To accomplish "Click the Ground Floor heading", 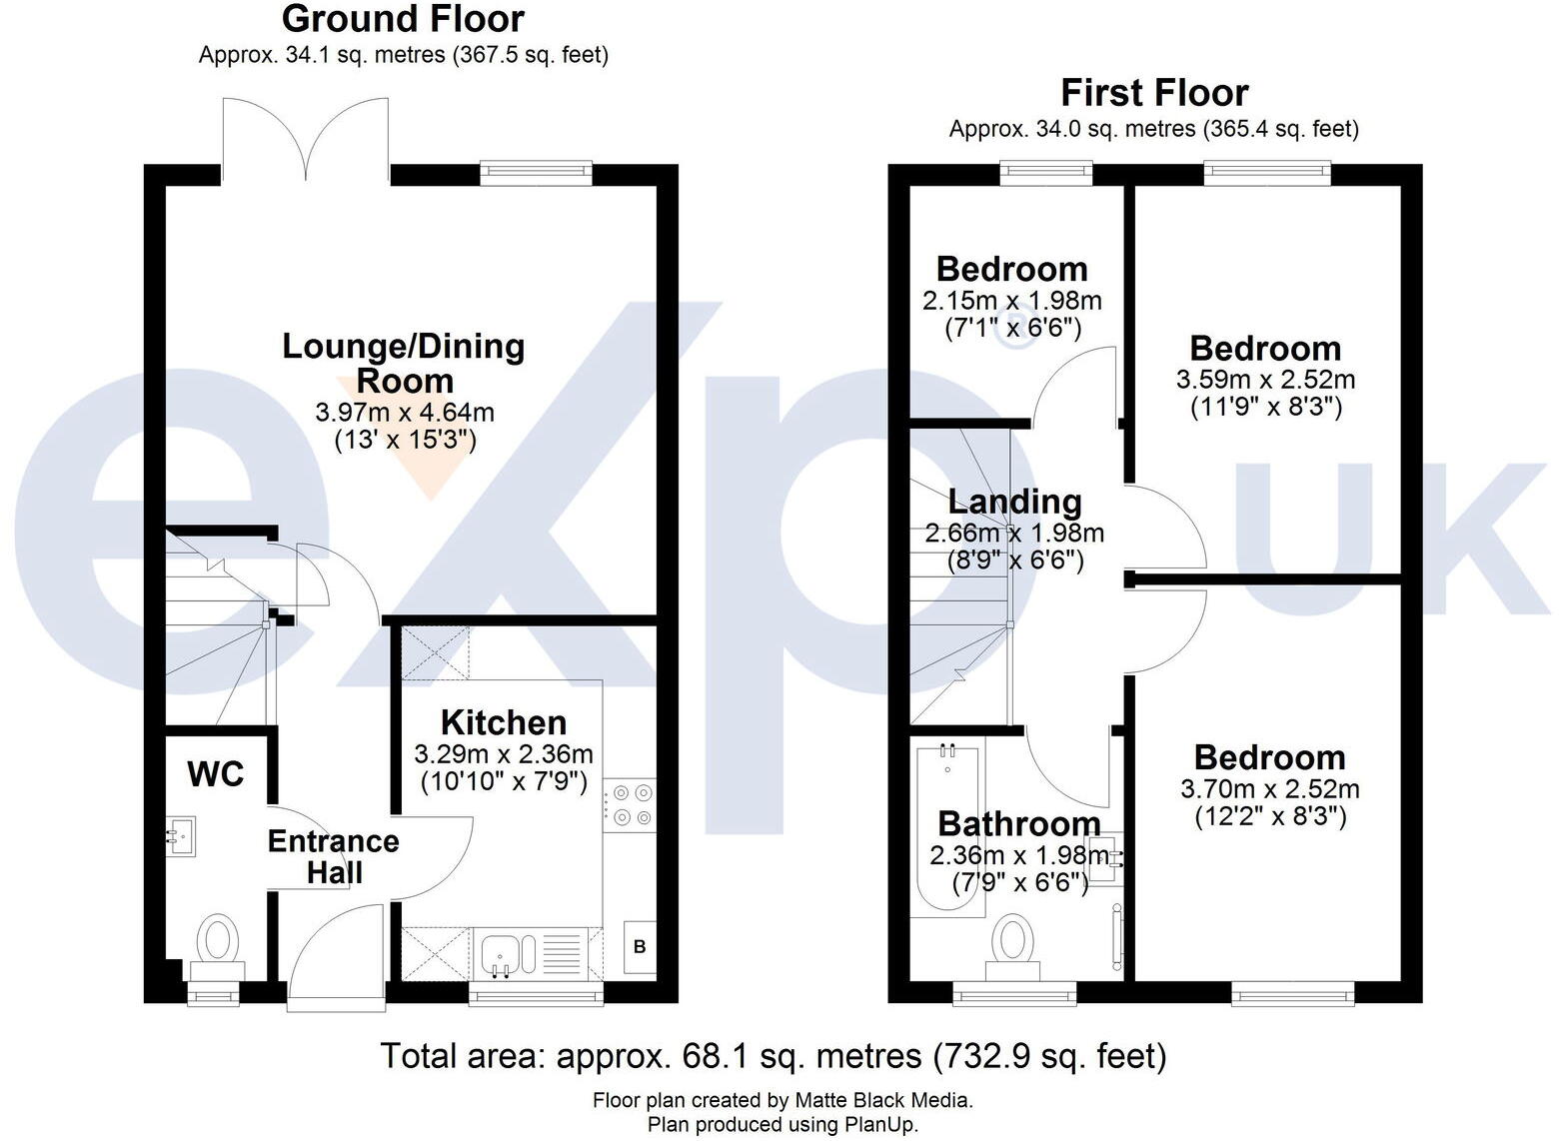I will click(403, 19).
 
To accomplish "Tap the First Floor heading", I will click(1154, 93).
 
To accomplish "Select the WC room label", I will click(215, 774).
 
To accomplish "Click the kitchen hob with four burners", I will click(631, 804).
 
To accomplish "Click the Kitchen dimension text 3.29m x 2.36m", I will click(504, 753).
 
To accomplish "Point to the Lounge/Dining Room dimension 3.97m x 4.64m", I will click(405, 412).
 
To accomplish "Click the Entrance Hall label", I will click(334, 856).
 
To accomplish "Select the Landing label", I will click(1014, 502).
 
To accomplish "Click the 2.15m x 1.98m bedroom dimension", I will click(1012, 300).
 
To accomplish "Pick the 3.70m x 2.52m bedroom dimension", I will click(1270, 789).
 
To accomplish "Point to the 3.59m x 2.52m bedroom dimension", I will click(1265, 380).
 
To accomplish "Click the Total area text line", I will click(773, 1055).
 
